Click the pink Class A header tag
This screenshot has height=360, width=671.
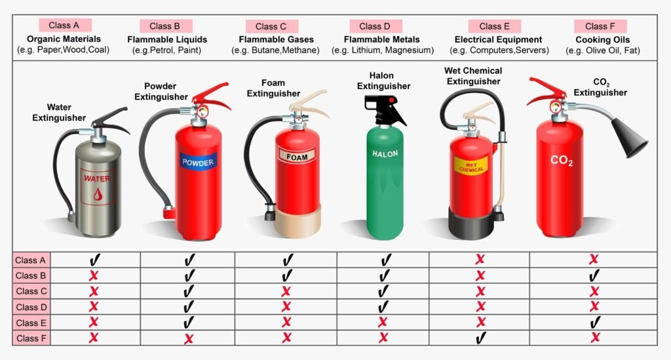click(65, 26)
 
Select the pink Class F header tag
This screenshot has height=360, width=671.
click(600, 26)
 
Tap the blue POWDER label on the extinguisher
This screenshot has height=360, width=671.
click(198, 162)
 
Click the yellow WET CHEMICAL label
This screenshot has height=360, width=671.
click(470, 167)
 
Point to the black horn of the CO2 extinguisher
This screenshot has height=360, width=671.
click(629, 136)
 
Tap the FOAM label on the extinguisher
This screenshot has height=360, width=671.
click(297, 156)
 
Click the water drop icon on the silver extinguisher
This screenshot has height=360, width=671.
click(98, 194)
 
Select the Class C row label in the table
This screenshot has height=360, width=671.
click(31, 292)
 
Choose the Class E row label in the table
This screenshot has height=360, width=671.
click(31, 323)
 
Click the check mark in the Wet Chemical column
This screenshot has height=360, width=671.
click(481, 338)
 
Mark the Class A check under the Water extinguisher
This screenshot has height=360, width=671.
click(94, 260)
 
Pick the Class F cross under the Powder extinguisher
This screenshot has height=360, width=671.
click(188, 339)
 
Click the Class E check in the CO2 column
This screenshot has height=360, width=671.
click(595, 323)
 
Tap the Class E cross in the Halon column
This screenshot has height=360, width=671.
click(383, 322)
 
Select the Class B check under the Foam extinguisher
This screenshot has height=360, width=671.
click(288, 275)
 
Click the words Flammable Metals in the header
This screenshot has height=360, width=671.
click(382, 39)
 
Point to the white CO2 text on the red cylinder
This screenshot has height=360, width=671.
click(562, 161)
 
